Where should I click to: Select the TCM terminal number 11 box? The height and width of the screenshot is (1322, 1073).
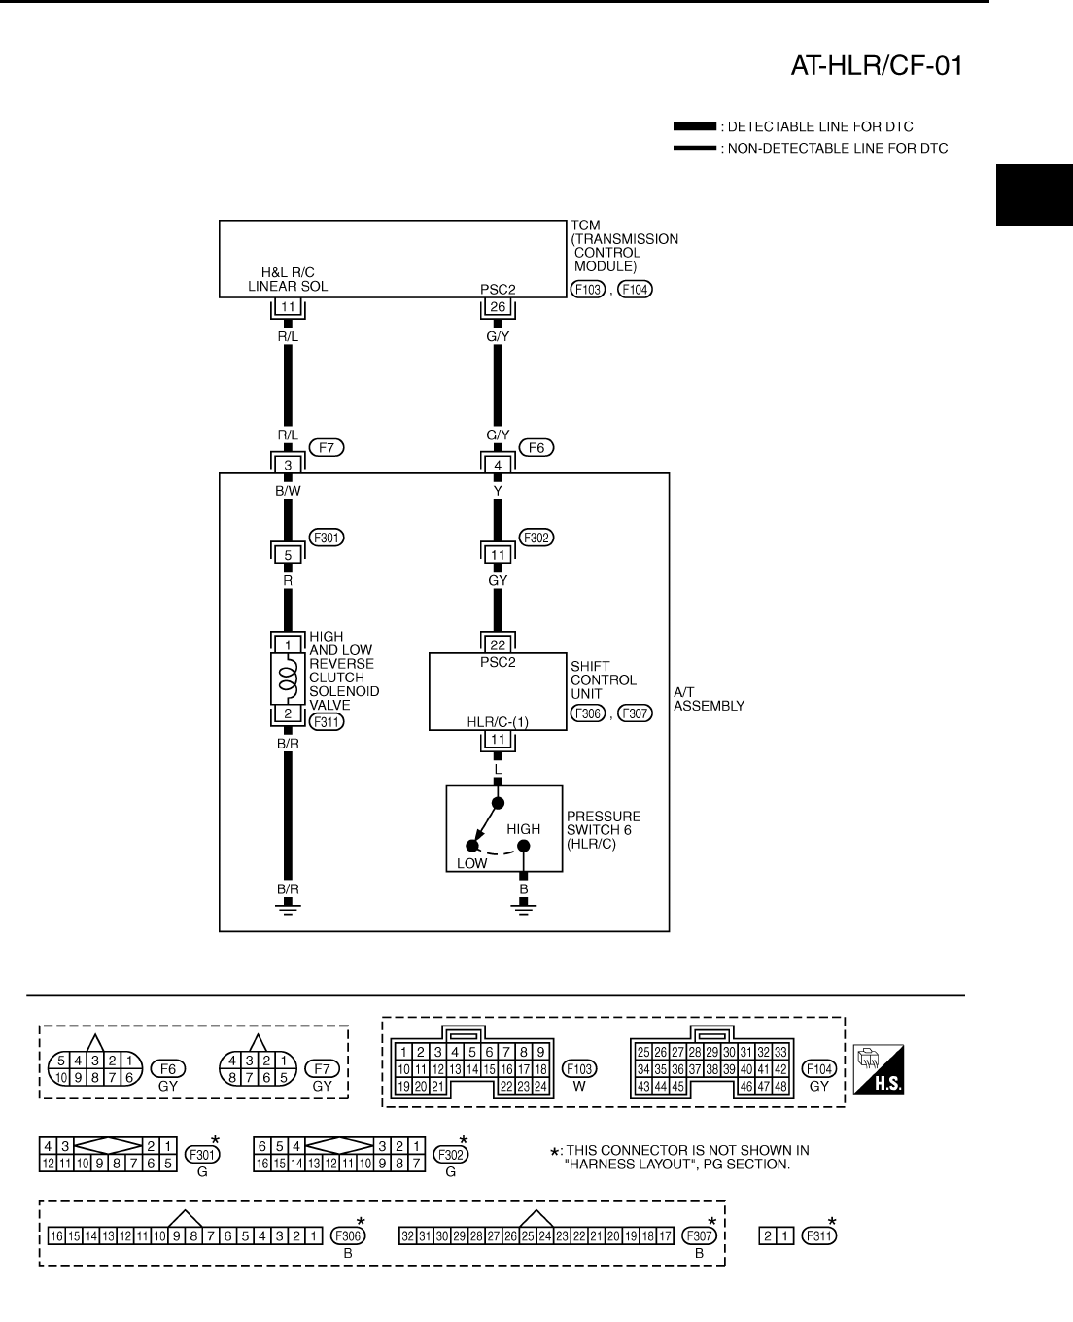288,307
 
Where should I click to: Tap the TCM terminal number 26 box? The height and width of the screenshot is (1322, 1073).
498,307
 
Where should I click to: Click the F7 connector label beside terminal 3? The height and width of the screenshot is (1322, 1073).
327,448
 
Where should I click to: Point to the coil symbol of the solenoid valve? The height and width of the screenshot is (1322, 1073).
288,677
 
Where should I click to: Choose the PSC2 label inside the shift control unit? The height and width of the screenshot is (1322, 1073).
498,663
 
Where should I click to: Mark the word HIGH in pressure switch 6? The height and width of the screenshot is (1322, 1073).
523,829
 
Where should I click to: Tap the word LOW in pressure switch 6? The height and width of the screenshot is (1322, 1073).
472,863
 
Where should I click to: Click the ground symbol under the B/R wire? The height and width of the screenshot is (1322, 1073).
288,908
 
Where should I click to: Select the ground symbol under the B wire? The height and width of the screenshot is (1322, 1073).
523,908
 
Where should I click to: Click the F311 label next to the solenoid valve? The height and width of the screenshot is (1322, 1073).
327,721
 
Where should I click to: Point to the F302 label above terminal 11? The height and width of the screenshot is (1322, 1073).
536,537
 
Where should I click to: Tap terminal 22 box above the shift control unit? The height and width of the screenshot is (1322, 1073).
498,644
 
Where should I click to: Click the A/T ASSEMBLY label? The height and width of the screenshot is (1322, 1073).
709,699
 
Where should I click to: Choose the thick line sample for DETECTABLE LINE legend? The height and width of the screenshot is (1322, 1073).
694,127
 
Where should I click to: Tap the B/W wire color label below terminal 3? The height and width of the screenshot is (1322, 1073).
288,491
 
